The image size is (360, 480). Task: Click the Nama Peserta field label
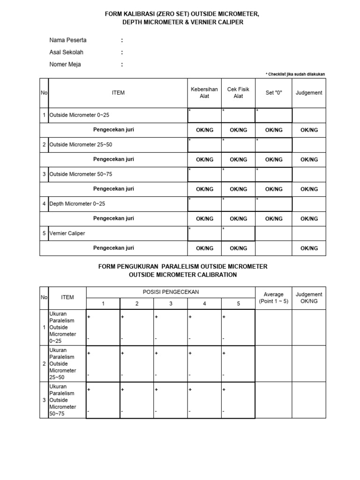pyautogui.click(x=68, y=40)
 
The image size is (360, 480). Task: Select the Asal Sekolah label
pyautogui.click(x=67, y=52)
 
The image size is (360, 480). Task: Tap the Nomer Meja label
pyautogui.click(x=65, y=65)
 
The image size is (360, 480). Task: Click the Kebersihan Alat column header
pyautogui.click(x=204, y=93)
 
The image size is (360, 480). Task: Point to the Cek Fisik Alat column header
pyautogui.click(x=238, y=93)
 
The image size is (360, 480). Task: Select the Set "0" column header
pyautogui.click(x=274, y=93)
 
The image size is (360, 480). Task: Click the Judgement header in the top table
pyautogui.click(x=309, y=93)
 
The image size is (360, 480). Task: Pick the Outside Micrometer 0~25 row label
pyautogui.click(x=79, y=115)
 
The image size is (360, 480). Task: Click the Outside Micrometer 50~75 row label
pyautogui.click(x=81, y=174)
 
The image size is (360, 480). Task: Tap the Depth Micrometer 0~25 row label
pyautogui.click(x=77, y=204)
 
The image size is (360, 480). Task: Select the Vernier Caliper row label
pyautogui.click(x=67, y=233)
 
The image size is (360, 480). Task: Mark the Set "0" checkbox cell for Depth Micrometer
pyautogui.click(x=274, y=204)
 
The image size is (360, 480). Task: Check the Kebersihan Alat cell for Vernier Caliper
pyautogui.click(x=204, y=233)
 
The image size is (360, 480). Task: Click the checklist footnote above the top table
pyautogui.click(x=295, y=74)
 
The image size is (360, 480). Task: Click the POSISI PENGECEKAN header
pyautogui.click(x=171, y=292)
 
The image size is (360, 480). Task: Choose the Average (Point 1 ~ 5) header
pyautogui.click(x=273, y=298)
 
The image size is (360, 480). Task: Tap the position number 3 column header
pyautogui.click(x=171, y=304)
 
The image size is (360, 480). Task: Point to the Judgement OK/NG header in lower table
pyautogui.click(x=309, y=298)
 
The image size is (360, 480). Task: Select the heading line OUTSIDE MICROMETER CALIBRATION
pyautogui.click(x=183, y=275)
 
